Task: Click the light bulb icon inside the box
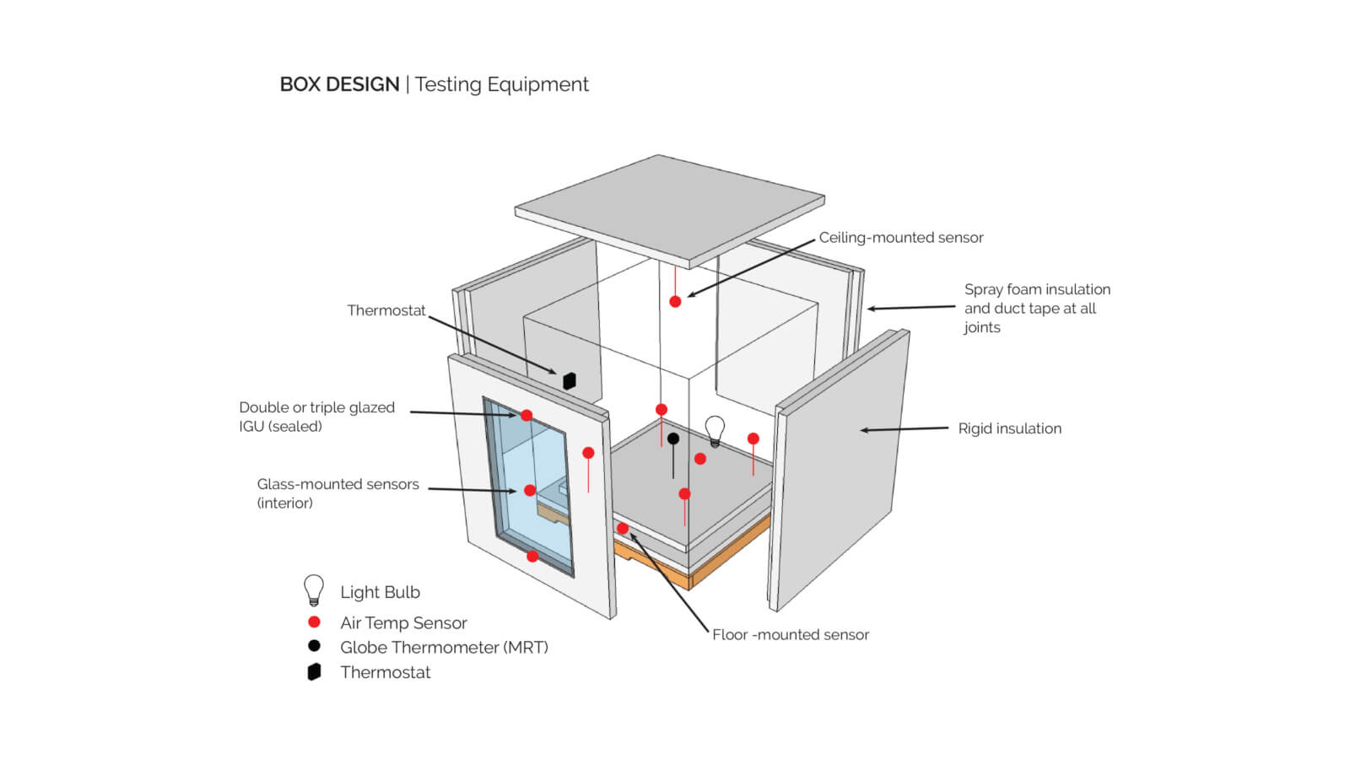715,429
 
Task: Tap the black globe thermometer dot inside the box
672,439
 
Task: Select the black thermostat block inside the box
570,380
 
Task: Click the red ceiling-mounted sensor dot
675,301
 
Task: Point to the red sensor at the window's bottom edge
532,557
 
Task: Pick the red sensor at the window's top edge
526,415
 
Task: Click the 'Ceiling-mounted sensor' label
900,238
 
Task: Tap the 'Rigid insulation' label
1009,428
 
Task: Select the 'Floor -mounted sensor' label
790,634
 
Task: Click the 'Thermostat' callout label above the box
386,310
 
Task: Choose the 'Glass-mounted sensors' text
337,484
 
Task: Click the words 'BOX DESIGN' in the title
339,84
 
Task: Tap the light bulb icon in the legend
314,589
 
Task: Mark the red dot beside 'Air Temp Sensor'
314,622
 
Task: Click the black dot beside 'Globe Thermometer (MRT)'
314,646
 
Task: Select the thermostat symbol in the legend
314,671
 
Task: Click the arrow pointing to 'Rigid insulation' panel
903,429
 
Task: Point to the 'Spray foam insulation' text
1037,289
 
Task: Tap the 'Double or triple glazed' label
316,407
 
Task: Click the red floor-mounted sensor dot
623,529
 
